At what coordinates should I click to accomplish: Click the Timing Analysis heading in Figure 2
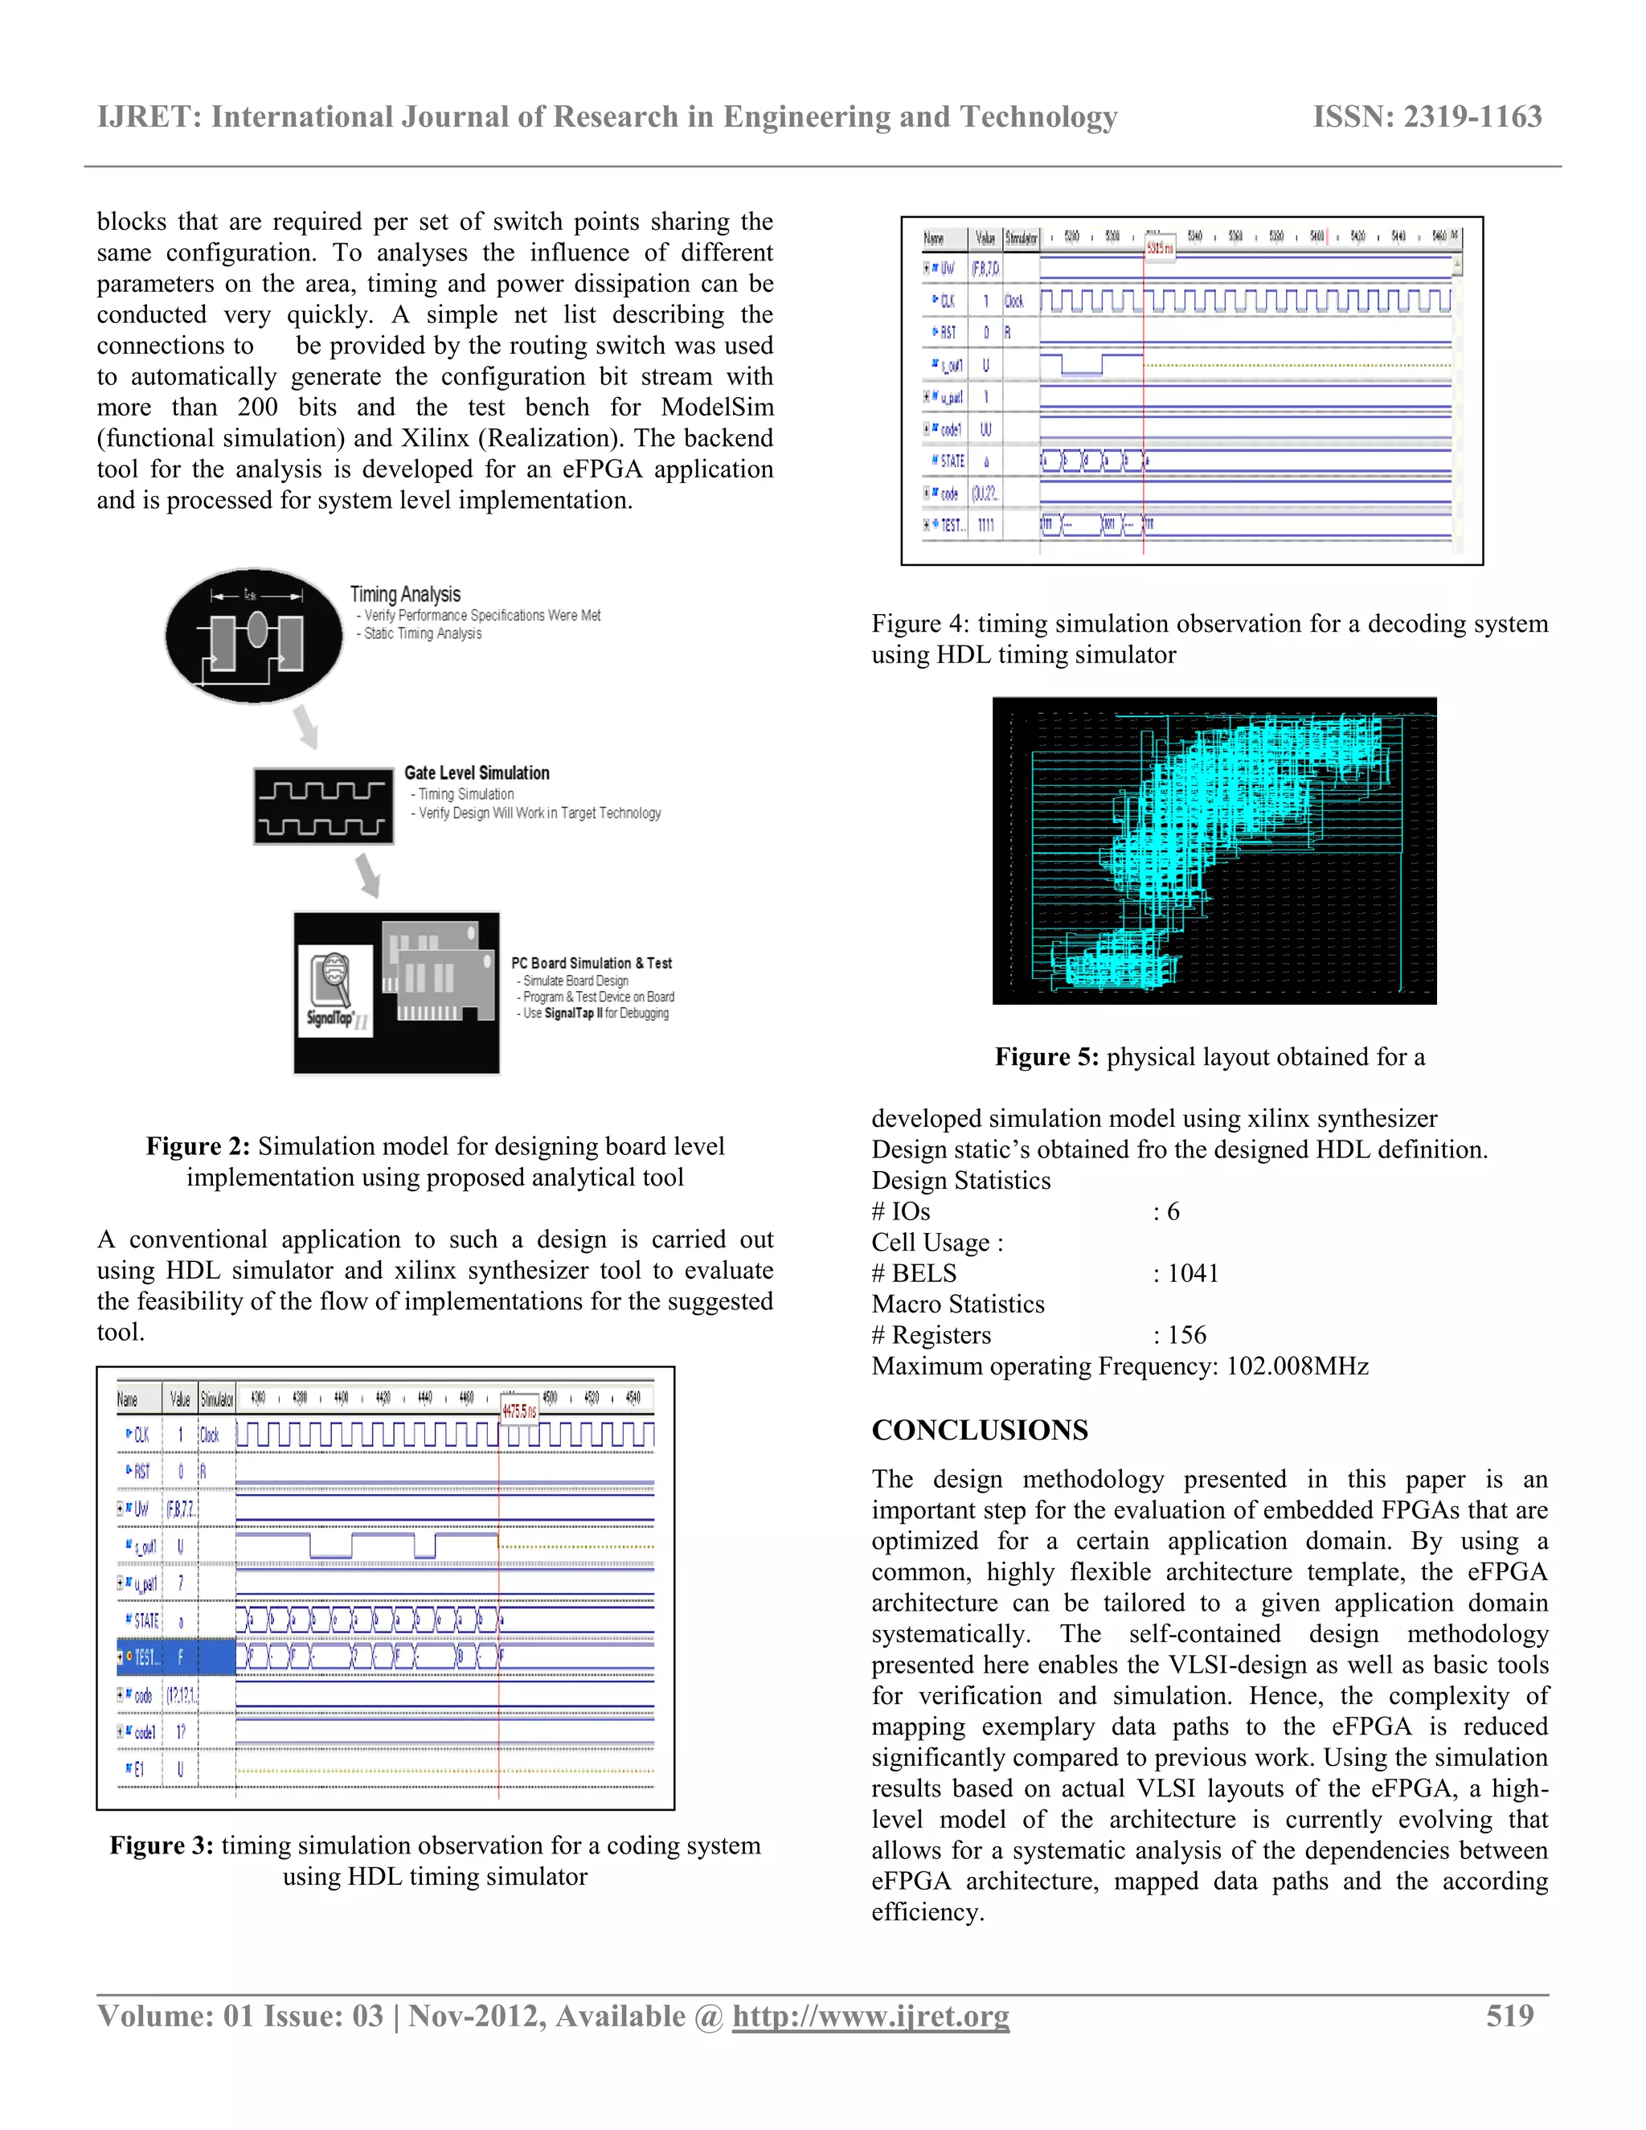[x=405, y=594]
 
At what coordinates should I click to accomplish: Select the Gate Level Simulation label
[x=477, y=772]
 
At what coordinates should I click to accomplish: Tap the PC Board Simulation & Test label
[x=591, y=963]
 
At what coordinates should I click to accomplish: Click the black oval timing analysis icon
[x=253, y=636]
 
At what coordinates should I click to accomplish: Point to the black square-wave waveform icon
[x=324, y=806]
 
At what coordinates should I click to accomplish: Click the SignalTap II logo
[x=335, y=991]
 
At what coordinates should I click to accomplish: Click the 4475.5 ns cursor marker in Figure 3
[x=518, y=1411]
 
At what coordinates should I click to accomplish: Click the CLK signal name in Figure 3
[x=141, y=1435]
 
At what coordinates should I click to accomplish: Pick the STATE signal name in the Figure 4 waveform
[x=951, y=461]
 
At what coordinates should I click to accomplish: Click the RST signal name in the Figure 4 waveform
[x=947, y=333]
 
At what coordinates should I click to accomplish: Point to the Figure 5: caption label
[x=1046, y=1057]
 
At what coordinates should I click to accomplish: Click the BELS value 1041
[x=1193, y=1274]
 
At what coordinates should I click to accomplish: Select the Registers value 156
[x=1187, y=1335]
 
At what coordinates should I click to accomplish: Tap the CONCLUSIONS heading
[x=979, y=1430]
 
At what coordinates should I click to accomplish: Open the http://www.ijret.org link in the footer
[x=870, y=2016]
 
